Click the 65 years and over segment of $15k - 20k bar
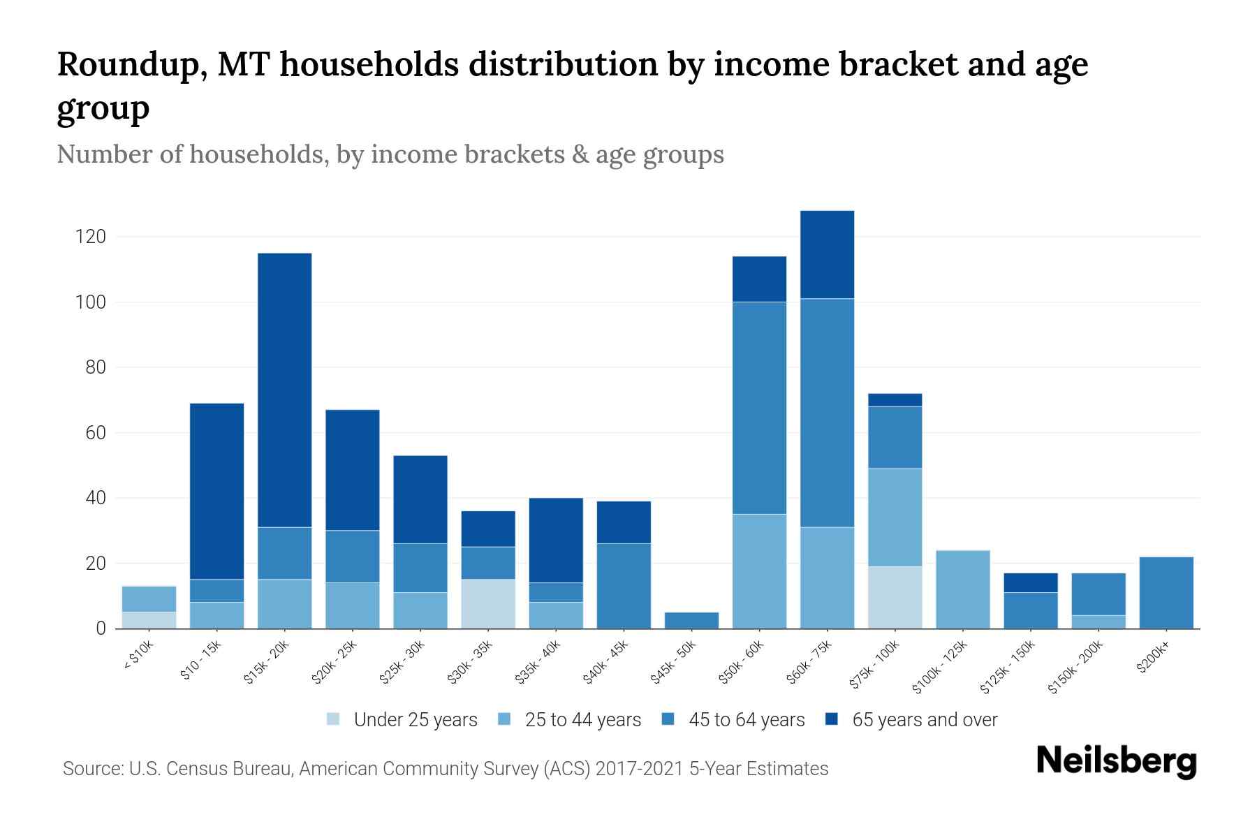tap(284, 390)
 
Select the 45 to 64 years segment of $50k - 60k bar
tap(759, 408)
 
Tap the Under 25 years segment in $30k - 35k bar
tap(488, 604)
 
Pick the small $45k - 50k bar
tap(691, 620)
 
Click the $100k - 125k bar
tap(963, 589)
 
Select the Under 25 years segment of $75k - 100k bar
tap(895, 597)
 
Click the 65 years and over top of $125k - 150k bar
tap(1031, 582)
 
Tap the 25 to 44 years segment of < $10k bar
tap(149, 598)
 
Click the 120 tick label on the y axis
tap(91, 237)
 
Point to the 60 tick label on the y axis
tap(96, 433)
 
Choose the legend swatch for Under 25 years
tap(334, 719)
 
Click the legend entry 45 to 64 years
tap(746, 719)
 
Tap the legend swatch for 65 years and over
tap(832, 719)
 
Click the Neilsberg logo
tap(1116, 761)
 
